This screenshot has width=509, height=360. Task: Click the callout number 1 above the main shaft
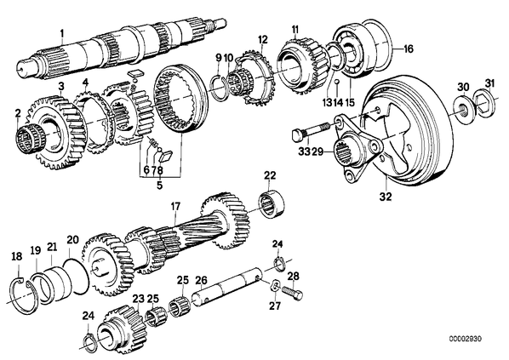point(61,33)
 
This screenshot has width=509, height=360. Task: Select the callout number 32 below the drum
point(386,196)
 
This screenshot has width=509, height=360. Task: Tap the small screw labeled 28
point(293,293)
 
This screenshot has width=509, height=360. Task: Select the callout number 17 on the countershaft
point(175,207)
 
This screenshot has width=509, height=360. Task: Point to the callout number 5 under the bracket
point(159,186)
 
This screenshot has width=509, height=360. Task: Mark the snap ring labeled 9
point(218,86)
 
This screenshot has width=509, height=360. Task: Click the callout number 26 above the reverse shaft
point(201,280)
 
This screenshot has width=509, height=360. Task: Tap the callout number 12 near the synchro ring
point(263,40)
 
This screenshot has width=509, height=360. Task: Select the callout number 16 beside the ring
point(408,49)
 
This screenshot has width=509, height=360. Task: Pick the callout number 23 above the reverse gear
point(138,299)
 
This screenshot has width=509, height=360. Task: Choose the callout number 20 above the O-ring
point(72,240)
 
